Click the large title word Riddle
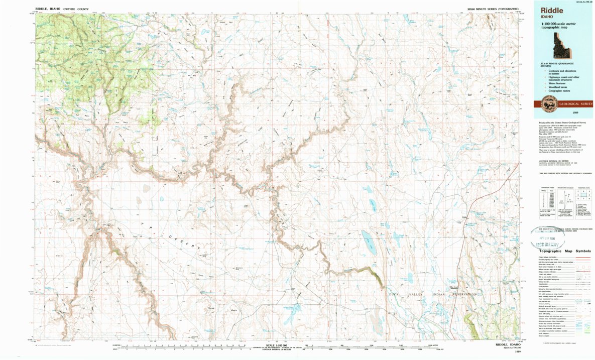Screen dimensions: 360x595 pos(551,10)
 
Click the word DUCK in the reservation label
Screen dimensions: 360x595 pos(395,293)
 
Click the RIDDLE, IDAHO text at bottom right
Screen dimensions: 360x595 pos(509,345)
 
